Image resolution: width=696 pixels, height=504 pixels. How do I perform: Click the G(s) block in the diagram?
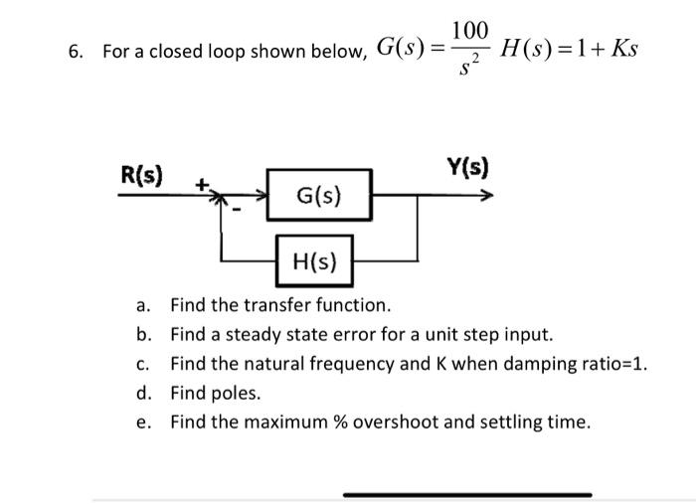point(319,197)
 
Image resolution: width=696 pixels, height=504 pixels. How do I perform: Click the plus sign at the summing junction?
point(203,184)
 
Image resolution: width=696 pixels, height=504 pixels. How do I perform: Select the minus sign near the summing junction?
point(238,211)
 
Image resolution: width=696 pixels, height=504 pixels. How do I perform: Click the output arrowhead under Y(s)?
point(486,197)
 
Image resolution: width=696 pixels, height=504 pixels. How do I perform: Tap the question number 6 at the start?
point(75,51)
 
